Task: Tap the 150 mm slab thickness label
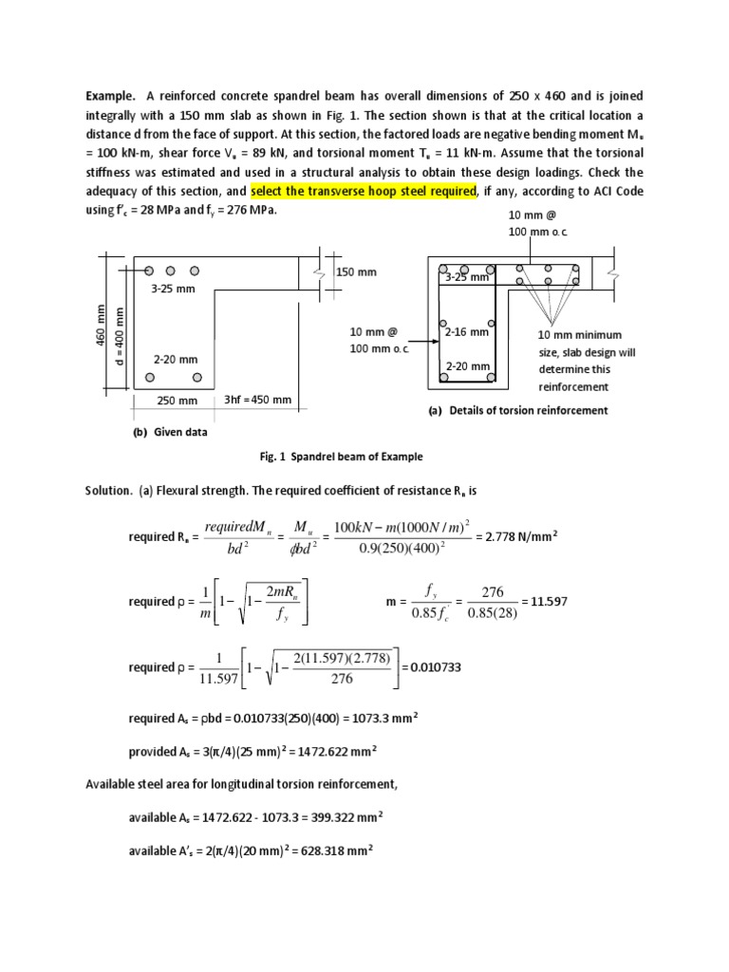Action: pyautogui.click(x=357, y=272)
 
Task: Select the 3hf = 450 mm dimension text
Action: pyautogui.click(x=257, y=400)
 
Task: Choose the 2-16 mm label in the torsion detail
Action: pyautogui.click(x=466, y=332)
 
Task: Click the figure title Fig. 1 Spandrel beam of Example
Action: pyautogui.click(x=341, y=457)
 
